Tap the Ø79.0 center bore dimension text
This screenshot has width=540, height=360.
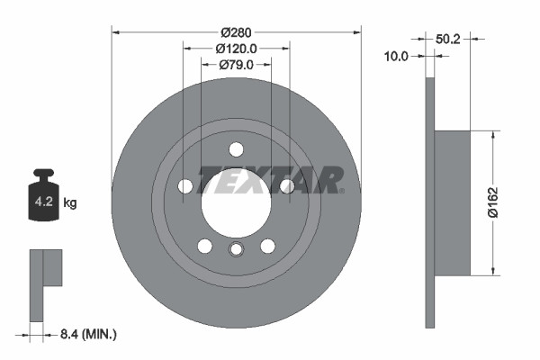click(236, 65)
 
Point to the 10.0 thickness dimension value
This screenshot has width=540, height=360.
click(396, 56)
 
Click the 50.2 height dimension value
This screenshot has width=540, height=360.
click(448, 39)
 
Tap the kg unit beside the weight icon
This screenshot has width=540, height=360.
click(69, 203)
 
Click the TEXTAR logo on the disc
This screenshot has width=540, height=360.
click(270, 179)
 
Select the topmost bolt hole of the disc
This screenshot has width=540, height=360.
click(236, 149)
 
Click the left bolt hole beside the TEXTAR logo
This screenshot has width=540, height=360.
click(185, 186)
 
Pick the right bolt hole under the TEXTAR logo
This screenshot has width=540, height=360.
click(287, 186)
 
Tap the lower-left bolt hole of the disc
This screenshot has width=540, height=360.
click(204, 246)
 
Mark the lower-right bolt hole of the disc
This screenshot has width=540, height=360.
click(267, 246)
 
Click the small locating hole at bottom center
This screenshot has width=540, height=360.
click(236, 250)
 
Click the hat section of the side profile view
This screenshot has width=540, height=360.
click(452, 203)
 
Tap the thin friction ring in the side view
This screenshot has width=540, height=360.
click(429, 203)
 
